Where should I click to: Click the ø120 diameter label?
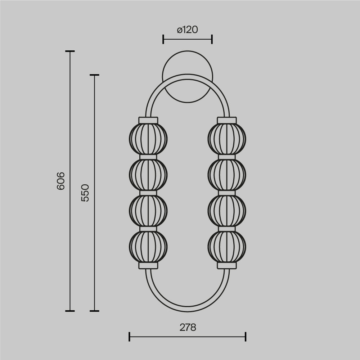187,30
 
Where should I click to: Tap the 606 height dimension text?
61,181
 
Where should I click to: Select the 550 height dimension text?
85,193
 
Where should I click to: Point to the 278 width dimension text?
188,327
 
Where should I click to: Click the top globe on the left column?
148,139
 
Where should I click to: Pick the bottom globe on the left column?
148,247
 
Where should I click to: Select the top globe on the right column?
227,139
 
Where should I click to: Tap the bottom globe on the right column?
227,247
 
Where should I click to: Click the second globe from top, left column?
148,175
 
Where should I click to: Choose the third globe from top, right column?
227,211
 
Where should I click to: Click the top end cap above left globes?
148,120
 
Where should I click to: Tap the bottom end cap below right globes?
227,265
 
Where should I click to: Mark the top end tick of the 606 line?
70,51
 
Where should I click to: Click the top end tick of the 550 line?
94,75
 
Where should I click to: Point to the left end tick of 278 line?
129,337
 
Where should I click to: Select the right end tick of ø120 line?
212,39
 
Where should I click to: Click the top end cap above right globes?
227,120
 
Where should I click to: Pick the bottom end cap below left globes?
148,265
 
